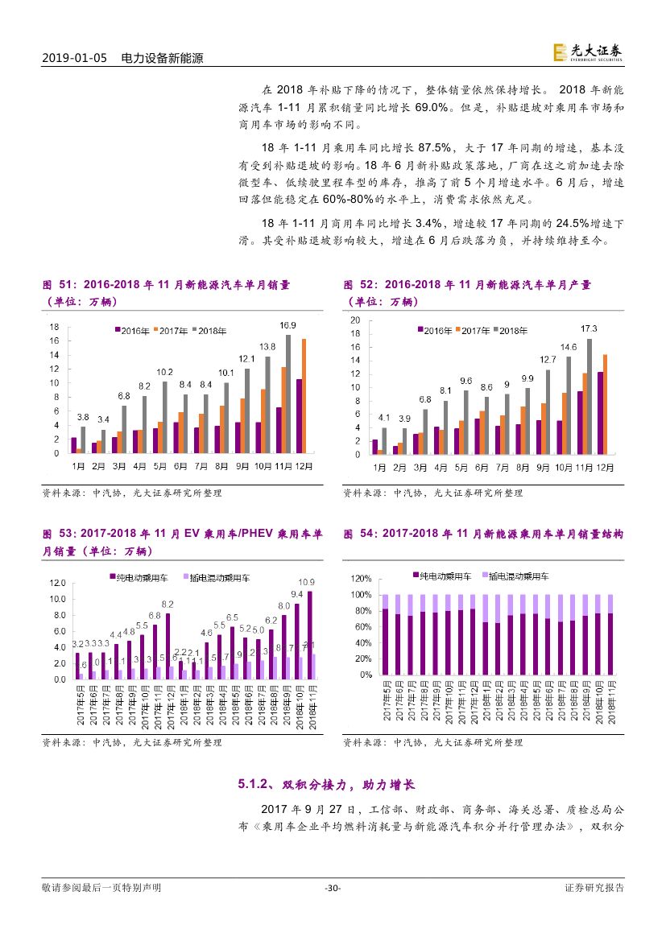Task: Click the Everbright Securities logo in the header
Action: (587, 52)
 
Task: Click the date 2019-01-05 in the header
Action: (74, 59)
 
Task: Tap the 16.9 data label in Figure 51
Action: (287, 325)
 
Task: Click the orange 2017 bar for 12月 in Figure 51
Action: (304, 396)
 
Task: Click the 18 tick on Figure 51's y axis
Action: (54, 327)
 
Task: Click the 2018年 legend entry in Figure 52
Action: (510, 330)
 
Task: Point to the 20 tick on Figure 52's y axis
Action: (355, 320)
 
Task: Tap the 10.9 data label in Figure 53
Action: (307, 582)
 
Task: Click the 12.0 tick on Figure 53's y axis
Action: (57, 583)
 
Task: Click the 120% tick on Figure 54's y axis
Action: (360, 579)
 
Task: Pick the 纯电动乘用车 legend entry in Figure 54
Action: (441, 577)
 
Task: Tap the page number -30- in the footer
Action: (333, 888)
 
